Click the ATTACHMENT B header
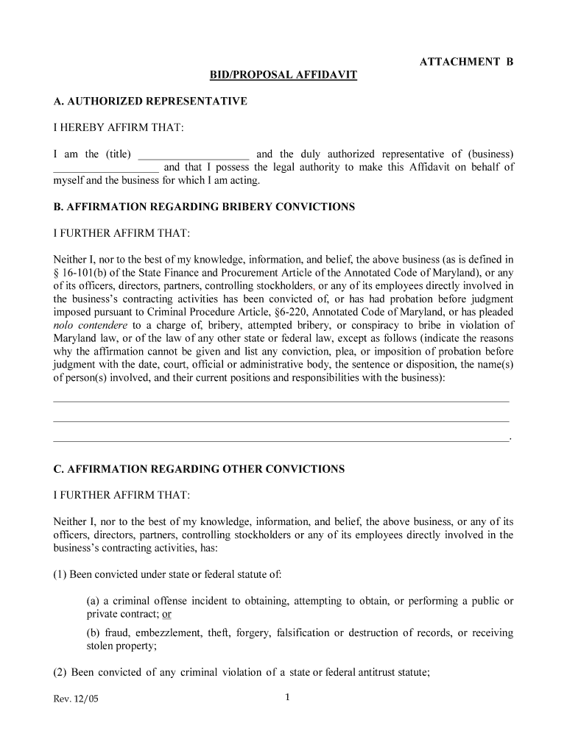(x=465, y=63)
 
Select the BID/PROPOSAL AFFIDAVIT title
(x=283, y=76)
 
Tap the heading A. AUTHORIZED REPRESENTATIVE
(x=150, y=101)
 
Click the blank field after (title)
(x=194, y=154)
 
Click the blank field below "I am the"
(x=105, y=168)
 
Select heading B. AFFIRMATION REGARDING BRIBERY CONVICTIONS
(x=204, y=207)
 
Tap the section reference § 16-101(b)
(x=81, y=273)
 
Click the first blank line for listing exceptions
(x=281, y=401)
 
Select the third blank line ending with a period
(x=281, y=440)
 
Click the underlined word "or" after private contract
(x=166, y=614)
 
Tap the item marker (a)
(x=94, y=601)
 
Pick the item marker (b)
(x=94, y=633)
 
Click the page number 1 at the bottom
(x=287, y=698)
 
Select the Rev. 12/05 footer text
(x=76, y=699)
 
